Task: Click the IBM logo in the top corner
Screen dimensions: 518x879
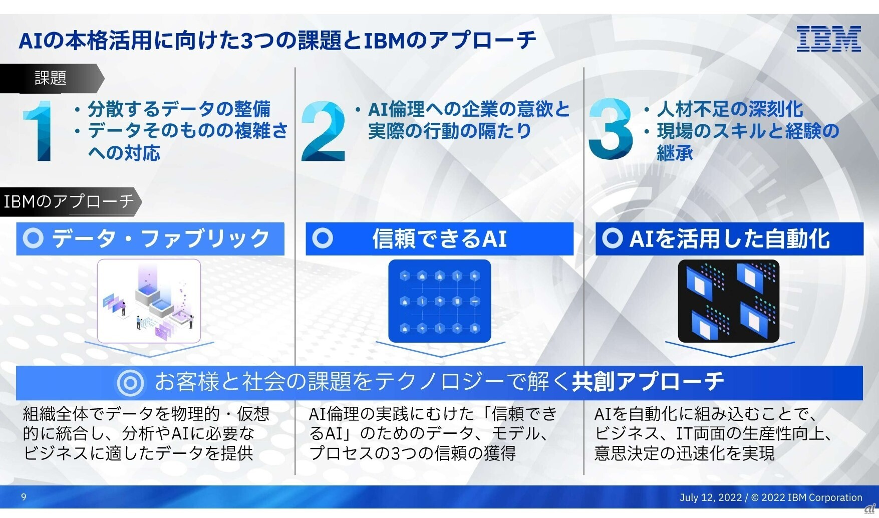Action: (828, 39)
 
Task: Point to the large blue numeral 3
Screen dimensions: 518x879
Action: (611, 129)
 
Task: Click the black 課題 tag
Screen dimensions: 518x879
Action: (50, 78)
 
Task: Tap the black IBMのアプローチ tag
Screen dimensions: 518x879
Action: (69, 201)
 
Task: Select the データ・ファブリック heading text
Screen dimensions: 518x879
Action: (160, 238)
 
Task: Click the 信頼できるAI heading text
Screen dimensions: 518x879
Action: (439, 238)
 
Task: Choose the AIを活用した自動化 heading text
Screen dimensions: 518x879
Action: (729, 238)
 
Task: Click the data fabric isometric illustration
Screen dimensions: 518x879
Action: (149, 301)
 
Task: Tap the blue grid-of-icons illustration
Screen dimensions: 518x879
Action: (439, 301)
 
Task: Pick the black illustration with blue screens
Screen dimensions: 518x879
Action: (728, 301)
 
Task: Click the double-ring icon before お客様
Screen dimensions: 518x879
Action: (130, 383)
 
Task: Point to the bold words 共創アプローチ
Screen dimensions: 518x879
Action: (648, 382)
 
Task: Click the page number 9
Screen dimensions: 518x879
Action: (24, 497)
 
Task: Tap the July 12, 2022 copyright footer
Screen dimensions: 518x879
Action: (770, 497)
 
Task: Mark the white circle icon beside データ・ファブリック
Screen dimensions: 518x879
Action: (34, 238)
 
